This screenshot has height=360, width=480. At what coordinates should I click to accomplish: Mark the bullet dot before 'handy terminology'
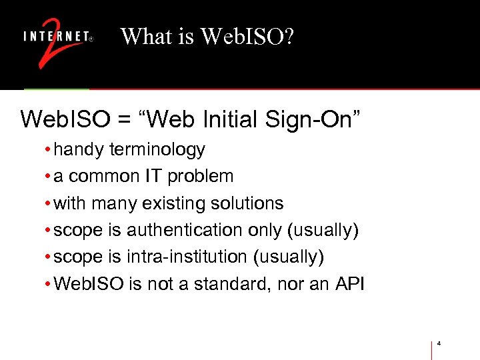(48, 150)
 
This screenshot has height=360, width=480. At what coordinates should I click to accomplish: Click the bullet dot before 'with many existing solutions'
(48, 203)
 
